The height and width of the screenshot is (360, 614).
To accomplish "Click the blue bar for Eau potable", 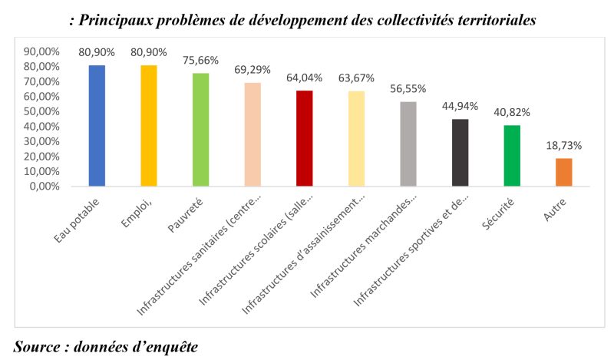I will tap(97, 126).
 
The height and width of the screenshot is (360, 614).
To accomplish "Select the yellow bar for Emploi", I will tap(148, 126).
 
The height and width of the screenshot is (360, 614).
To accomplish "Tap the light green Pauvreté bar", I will tap(200, 130).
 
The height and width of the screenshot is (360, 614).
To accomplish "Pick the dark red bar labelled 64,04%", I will tap(304, 138).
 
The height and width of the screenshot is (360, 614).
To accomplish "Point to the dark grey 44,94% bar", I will tap(460, 153).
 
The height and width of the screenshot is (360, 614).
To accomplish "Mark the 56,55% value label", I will tap(408, 89).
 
